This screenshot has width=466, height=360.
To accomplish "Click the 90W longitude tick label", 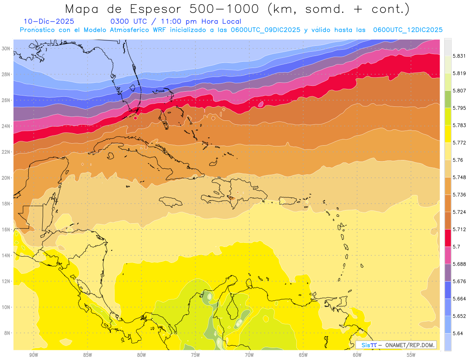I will tap(34, 355).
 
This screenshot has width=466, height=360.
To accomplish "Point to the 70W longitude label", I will tap(249, 355).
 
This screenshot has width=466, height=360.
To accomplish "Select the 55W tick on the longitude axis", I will tap(411, 355).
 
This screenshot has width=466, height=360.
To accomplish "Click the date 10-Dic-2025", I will tap(49, 22).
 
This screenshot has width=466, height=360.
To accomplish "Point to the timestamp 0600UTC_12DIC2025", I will tap(408, 30).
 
